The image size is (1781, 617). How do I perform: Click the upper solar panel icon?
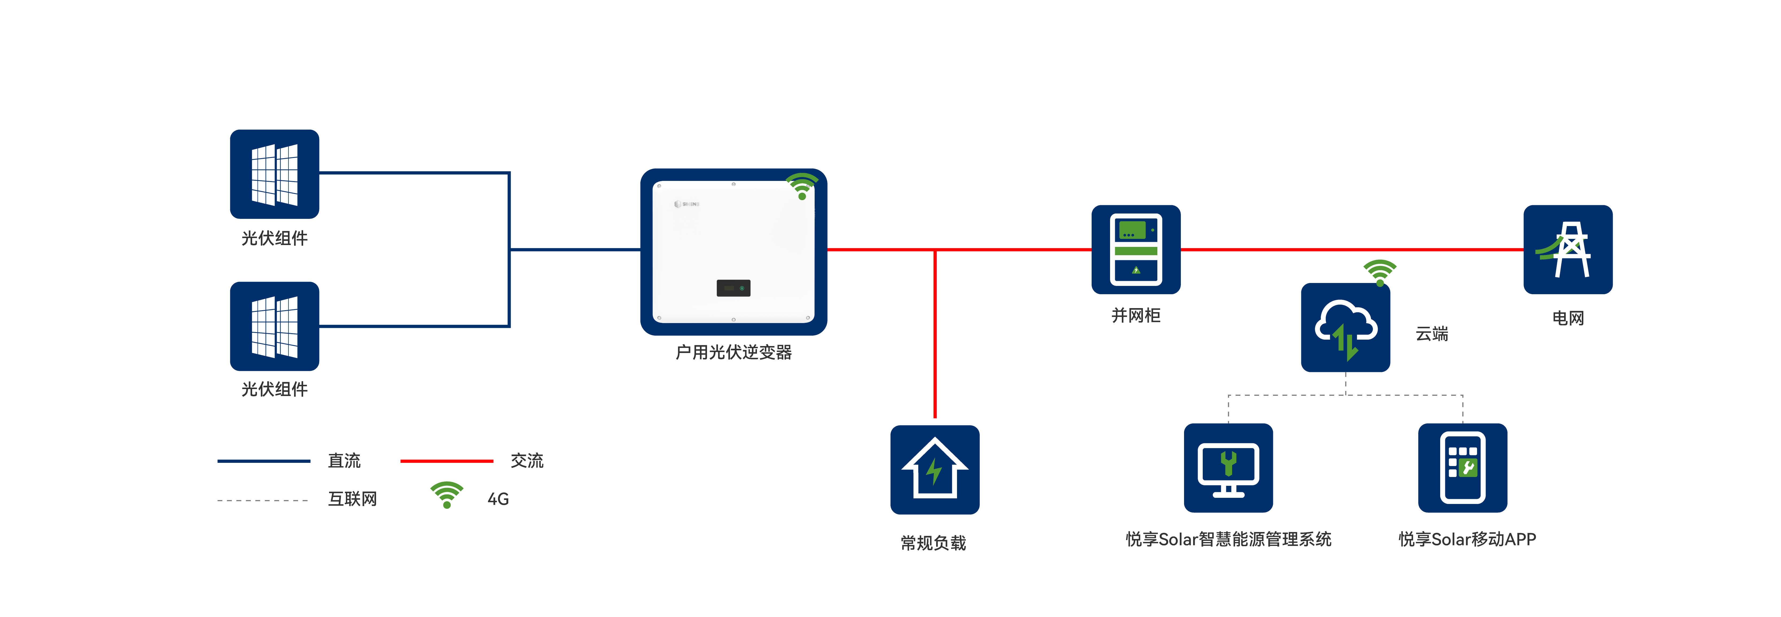tap(275, 174)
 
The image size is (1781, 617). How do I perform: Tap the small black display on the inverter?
tap(733, 288)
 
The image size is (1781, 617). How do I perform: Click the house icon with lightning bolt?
tap(935, 470)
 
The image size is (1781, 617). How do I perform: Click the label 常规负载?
tap(933, 543)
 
